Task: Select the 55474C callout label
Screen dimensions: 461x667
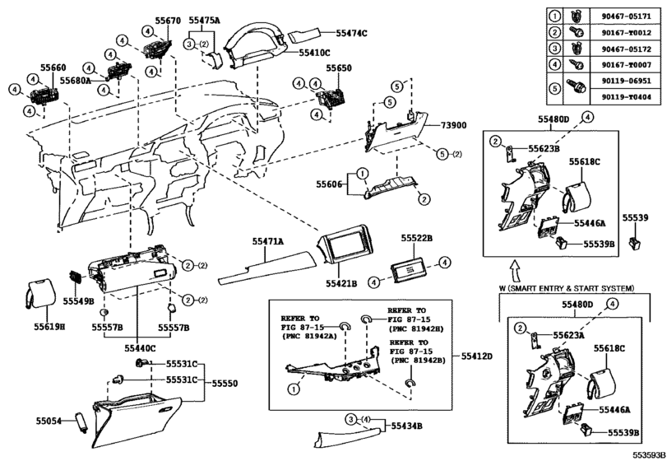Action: [351, 32]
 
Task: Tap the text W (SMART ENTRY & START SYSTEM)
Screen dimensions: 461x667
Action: [567, 288]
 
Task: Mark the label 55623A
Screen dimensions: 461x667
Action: [544, 335]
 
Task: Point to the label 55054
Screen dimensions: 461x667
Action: [49, 421]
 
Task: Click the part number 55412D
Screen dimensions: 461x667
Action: [476, 355]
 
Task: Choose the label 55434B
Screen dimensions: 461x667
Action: [406, 426]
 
